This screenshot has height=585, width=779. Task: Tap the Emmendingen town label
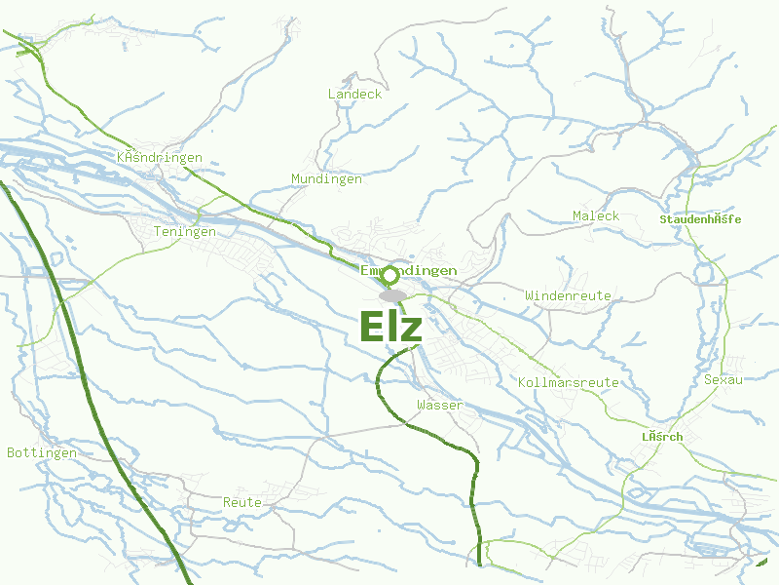[x=408, y=270]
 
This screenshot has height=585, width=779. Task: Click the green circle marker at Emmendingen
[x=390, y=276]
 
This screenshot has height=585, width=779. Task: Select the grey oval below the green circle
[x=393, y=294]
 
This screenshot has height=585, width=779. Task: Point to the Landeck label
[x=354, y=95]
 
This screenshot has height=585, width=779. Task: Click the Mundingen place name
[x=326, y=179]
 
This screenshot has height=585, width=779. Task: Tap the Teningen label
[x=184, y=232]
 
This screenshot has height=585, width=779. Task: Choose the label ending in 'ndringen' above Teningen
[x=159, y=158]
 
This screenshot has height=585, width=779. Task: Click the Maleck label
[x=595, y=215]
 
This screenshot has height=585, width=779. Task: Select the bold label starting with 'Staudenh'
[x=699, y=219]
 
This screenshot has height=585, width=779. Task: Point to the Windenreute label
[x=568, y=295]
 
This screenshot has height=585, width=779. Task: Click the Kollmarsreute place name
[x=569, y=383]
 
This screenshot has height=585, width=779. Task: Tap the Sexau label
[x=723, y=379]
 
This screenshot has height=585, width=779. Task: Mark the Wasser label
[x=439, y=405]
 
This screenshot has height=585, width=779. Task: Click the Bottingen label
[x=42, y=453]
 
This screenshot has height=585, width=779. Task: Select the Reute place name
[x=241, y=502]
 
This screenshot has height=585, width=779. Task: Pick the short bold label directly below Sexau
[x=662, y=437]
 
